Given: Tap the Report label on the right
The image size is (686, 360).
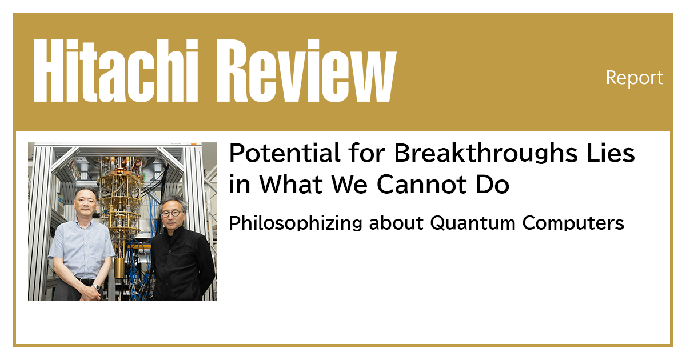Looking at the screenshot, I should [x=635, y=78].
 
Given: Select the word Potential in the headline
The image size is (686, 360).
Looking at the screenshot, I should [x=274, y=154].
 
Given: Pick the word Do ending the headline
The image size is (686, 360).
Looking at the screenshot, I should [x=492, y=185].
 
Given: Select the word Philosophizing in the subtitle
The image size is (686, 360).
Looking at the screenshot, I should [x=296, y=223].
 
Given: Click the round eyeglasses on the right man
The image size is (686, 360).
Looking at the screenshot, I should [x=171, y=213].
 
